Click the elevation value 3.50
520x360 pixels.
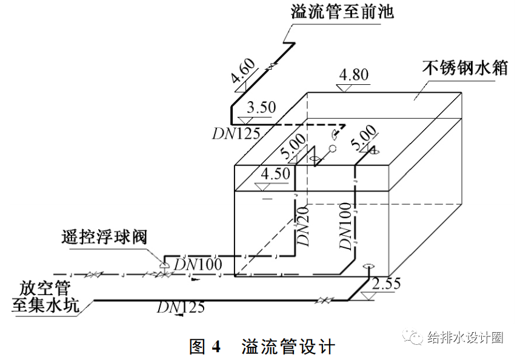click(x=262, y=107)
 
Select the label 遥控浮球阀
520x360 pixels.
click(x=104, y=236)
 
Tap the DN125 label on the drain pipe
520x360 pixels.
click(x=180, y=307)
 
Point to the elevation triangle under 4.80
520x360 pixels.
click(x=344, y=88)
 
